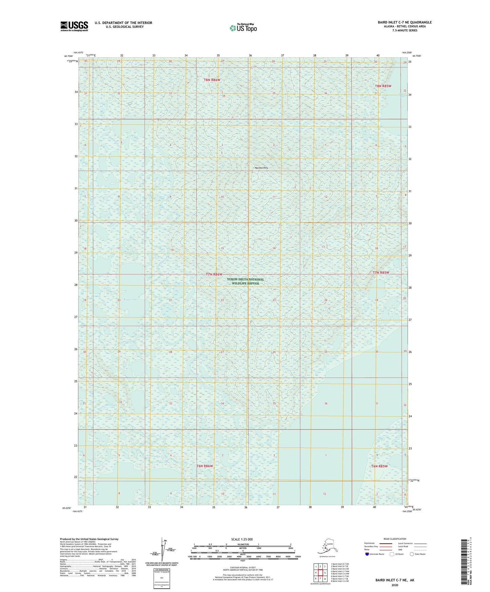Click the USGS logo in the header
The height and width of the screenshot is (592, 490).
(74, 26)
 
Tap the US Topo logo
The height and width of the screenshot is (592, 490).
(243, 28)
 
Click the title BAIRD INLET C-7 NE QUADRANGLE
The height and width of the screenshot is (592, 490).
(405, 22)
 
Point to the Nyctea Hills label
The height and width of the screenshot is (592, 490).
(261, 168)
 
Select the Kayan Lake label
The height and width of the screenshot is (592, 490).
(131, 300)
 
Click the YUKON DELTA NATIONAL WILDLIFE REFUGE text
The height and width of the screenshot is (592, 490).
(245, 281)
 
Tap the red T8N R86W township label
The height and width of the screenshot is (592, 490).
(212, 80)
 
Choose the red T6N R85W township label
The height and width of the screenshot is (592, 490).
(379, 466)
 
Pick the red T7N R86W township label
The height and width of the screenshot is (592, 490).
(214, 274)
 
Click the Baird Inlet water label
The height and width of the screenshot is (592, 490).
(403, 95)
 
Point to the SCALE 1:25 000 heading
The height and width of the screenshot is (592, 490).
(242, 539)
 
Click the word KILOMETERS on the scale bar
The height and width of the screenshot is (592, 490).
(242, 545)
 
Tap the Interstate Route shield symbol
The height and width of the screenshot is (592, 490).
(367, 554)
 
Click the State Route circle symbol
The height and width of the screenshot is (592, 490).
(412, 554)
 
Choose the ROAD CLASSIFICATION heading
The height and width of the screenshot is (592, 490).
(395, 539)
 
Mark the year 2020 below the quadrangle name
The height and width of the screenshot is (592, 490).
(395, 585)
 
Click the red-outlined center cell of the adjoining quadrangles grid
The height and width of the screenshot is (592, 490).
(320, 573)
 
